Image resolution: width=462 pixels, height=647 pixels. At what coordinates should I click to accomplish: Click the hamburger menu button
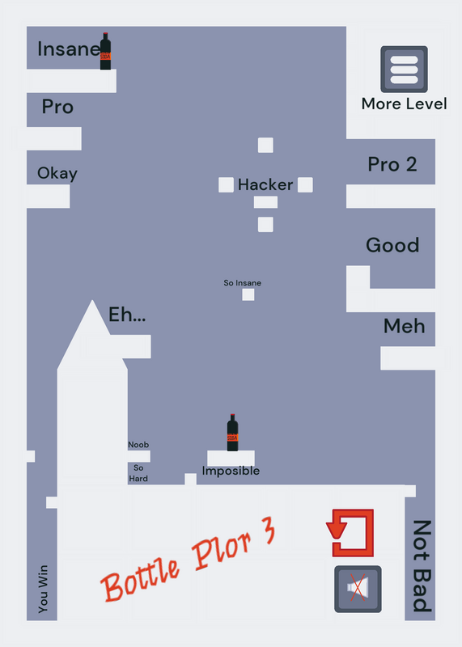[404, 69]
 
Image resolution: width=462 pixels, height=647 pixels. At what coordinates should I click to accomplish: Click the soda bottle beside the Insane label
[105, 51]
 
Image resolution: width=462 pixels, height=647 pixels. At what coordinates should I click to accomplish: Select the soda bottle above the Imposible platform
[232, 433]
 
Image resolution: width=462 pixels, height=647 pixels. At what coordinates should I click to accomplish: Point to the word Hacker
[265, 185]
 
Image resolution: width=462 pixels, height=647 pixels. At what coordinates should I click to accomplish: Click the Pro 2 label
[392, 164]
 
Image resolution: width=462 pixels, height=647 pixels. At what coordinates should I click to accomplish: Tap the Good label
[392, 245]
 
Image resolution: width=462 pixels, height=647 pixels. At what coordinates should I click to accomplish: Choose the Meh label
[405, 326]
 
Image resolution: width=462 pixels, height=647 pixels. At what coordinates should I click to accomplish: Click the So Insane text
[243, 283]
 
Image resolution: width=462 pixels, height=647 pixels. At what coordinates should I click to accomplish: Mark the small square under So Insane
[248, 294]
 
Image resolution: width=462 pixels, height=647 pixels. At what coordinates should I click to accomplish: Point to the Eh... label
[127, 315]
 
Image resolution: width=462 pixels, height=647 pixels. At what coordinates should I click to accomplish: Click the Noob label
[138, 445]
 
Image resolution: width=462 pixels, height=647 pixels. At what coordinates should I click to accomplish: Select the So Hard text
[138, 473]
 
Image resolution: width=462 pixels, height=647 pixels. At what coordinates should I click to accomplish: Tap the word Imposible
[231, 471]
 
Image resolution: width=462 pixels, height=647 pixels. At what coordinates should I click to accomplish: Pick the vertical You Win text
[43, 589]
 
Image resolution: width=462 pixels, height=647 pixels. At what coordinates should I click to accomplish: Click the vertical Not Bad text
[422, 566]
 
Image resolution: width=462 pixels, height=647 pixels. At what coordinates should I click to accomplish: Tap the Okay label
[57, 173]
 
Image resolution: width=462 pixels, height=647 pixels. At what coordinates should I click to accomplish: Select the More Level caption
[405, 104]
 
